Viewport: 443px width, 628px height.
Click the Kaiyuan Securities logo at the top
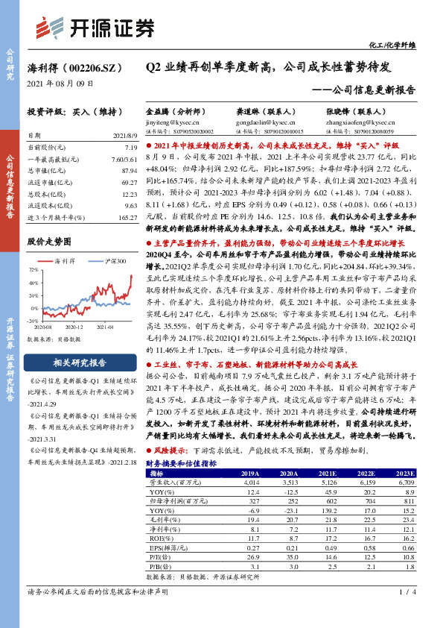click(x=96, y=27)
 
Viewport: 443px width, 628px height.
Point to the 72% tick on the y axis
click(x=34, y=269)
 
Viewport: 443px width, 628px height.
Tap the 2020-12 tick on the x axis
click(x=74, y=326)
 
